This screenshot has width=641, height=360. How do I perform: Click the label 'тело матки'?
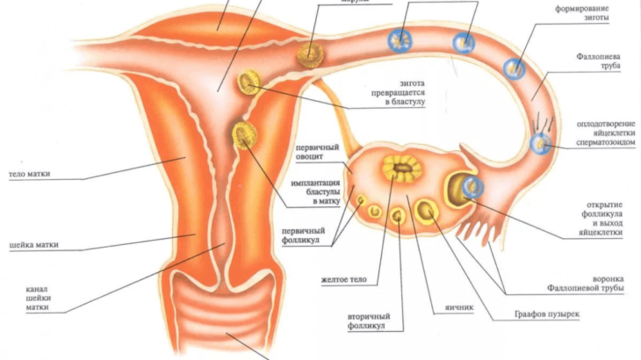(x=29, y=174)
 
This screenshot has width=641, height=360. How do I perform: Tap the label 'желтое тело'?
(x=349, y=280)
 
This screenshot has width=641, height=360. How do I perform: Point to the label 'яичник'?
(x=446, y=308)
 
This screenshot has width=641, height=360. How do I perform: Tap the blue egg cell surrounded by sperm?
(x=543, y=143)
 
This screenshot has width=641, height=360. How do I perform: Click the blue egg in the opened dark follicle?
(x=472, y=185)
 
